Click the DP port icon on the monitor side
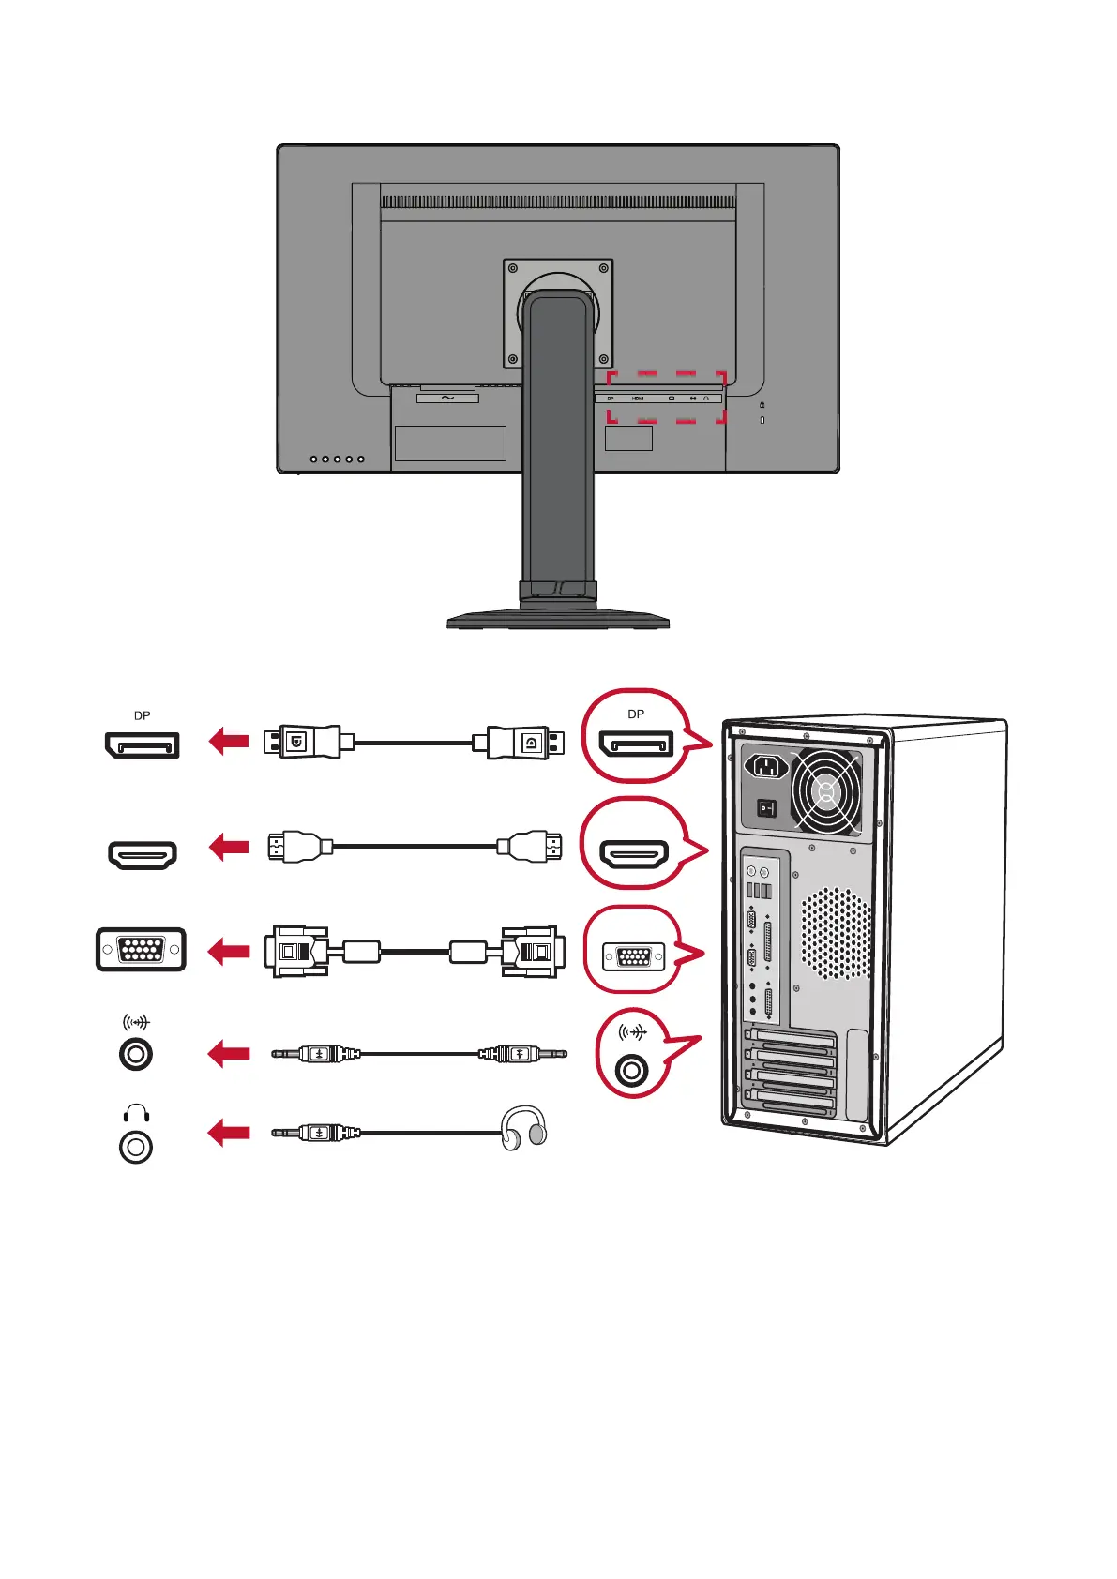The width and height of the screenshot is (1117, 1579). click(x=142, y=745)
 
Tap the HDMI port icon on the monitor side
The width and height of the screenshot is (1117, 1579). click(x=142, y=854)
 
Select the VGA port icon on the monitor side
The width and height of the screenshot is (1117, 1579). click(x=141, y=950)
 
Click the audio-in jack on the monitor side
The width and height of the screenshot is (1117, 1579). click(x=136, y=1054)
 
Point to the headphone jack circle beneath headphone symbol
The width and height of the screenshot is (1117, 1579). click(x=136, y=1147)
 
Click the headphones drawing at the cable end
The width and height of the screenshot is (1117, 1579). click(x=523, y=1127)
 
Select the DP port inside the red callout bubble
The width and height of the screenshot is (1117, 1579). click(x=636, y=745)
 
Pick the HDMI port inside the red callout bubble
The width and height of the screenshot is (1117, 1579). click(x=635, y=853)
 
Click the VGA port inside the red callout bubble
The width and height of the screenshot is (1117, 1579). click(x=634, y=957)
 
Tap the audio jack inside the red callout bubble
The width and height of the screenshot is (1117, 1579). click(x=633, y=1069)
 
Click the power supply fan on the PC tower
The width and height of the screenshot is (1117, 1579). click(x=825, y=793)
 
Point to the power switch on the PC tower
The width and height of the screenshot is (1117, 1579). click(x=767, y=806)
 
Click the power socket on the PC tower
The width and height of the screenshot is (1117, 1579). click(x=766, y=767)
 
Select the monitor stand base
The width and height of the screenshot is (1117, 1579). click(x=558, y=619)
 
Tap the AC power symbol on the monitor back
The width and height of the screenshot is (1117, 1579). click(x=447, y=398)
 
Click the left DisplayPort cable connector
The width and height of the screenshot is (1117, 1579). click(x=306, y=742)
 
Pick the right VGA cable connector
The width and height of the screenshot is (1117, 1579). click(x=533, y=952)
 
